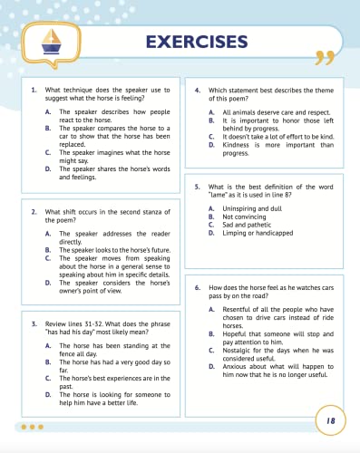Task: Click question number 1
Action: click(34, 91)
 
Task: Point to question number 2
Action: click(34, 211)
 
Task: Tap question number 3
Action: click(34, 323)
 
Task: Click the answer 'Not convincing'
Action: click(245, 217)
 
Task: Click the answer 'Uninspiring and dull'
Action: click(252, 209)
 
